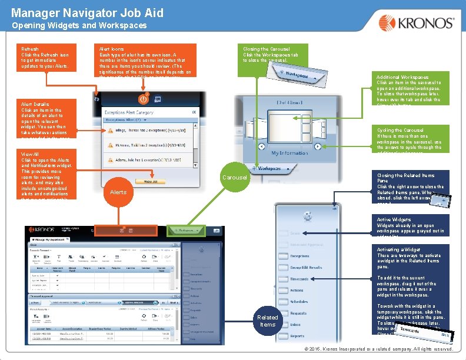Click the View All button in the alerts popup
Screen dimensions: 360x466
click(x=151, y=182)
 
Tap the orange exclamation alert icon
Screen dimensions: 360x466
click(x=142, y=99)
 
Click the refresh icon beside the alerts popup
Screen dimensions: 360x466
click(x=96, y=99)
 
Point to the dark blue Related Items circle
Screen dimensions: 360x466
click(x=268, y=321)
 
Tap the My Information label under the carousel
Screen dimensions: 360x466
click(x=289, y=153)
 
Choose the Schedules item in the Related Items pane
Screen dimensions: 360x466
click(x=299, y=302)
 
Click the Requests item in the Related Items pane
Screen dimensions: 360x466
click(x=298, y=313)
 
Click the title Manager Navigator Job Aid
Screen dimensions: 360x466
click(x=87, y=12)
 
